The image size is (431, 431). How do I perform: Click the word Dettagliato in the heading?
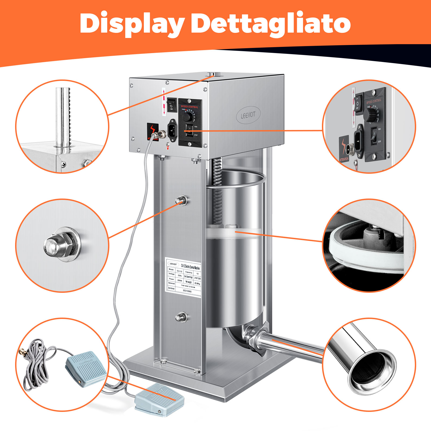pos(271,24)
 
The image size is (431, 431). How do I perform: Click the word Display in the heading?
pos(132,24)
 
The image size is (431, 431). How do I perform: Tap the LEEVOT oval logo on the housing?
pos(248,115)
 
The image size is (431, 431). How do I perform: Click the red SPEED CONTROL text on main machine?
pos(189,107)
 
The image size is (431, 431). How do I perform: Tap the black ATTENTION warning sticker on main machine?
pos(152,131)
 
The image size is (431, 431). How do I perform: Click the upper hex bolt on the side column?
pos(181,200)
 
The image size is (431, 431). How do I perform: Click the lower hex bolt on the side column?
pos(181,317)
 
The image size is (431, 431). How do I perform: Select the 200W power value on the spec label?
pos(180,280)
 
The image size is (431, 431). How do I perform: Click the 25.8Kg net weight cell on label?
pos(197,283)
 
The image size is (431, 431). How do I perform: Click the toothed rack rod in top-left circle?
pos(63,119)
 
